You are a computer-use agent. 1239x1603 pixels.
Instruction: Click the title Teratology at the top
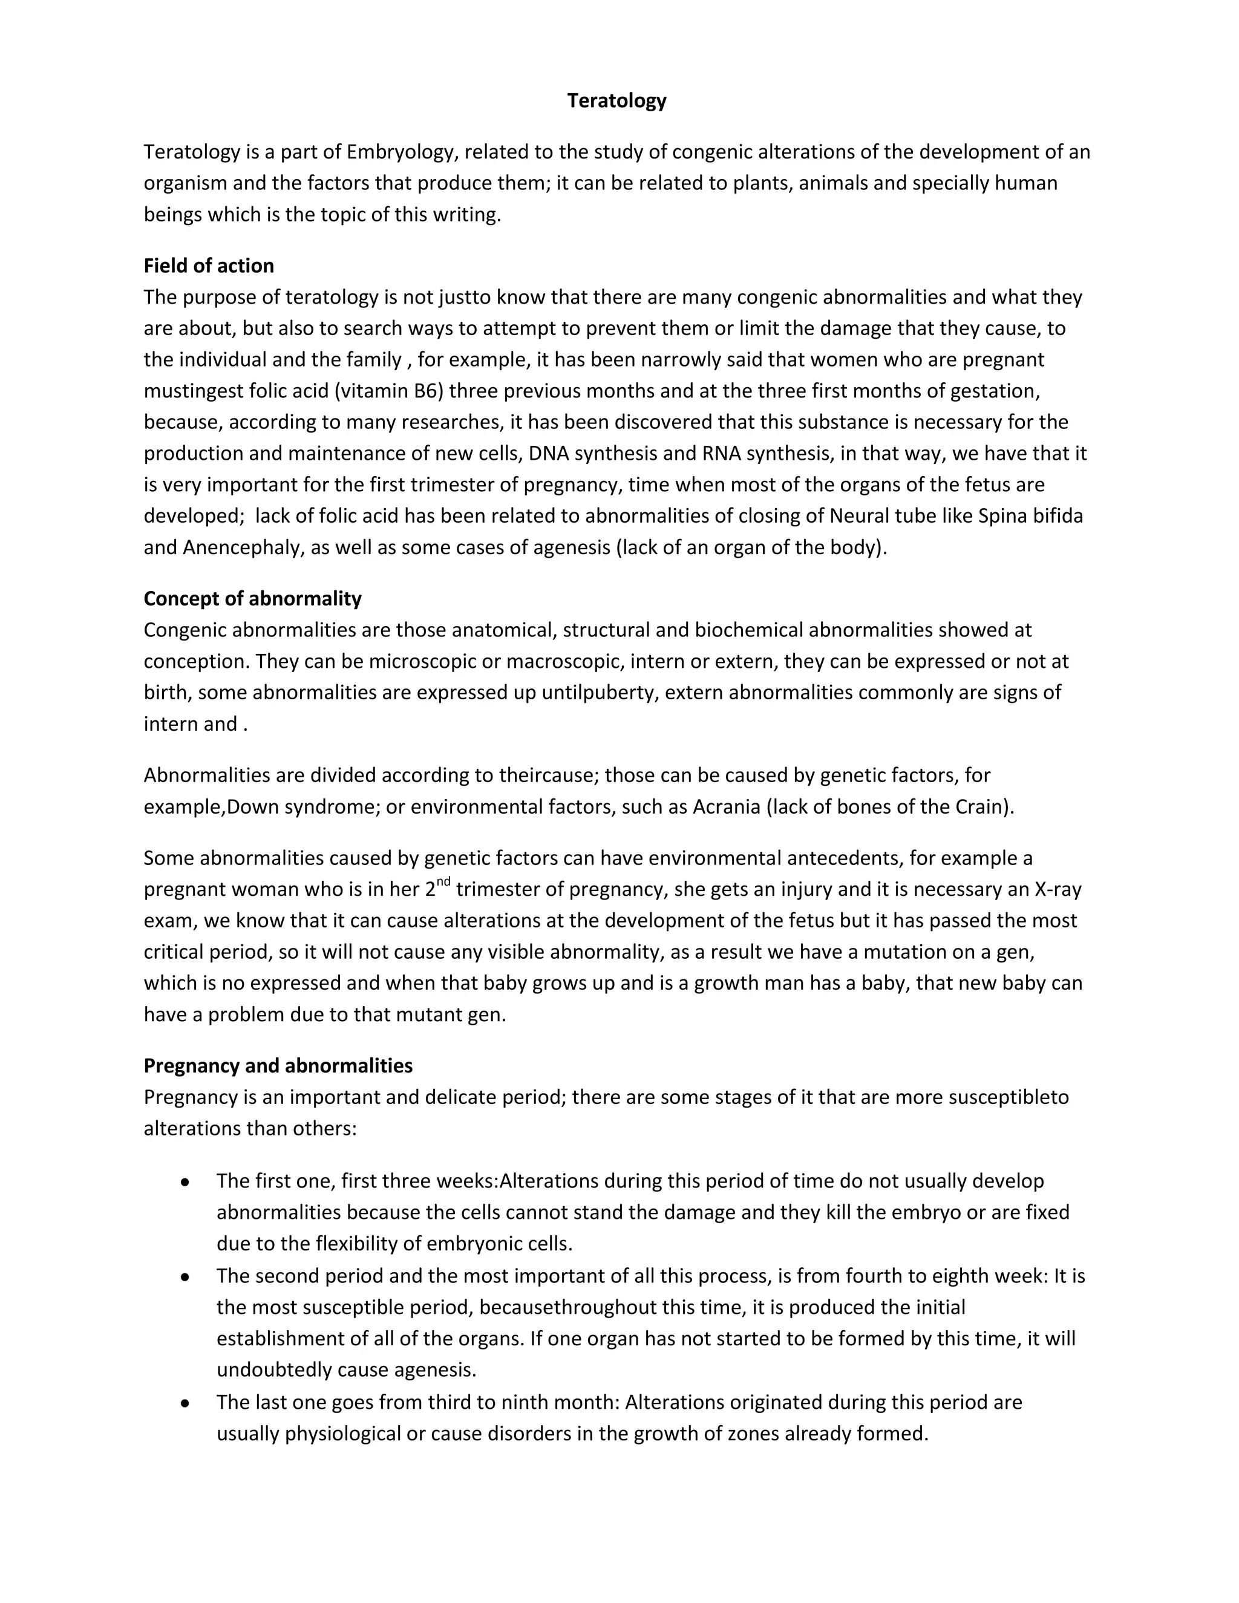616,100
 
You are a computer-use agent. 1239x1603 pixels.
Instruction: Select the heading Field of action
209,266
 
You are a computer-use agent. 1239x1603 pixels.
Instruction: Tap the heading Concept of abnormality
252,598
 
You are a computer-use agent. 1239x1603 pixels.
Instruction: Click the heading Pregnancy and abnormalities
278,1065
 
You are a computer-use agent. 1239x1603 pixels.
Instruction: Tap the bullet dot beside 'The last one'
185,1403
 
